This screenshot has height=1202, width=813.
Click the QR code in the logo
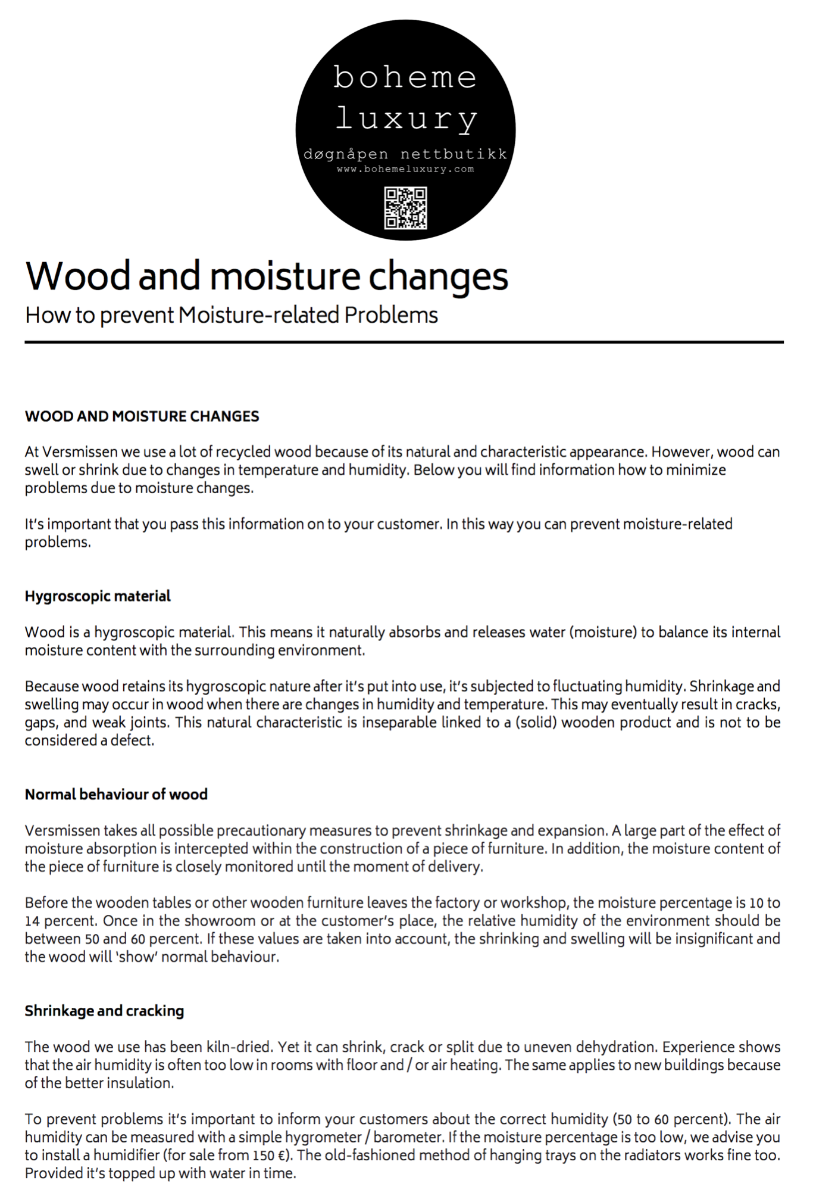pyautogui.click(x=405, y=208)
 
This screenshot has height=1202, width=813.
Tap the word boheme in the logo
pyautogui.click(x=405, y=77)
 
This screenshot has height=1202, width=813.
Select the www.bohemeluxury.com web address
pyautogui.click(x=405, y=169)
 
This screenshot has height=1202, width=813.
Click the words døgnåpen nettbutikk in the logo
pyautogui.click(x=405, y=154)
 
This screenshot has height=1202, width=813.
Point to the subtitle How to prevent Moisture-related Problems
pyautogui.click(x=232, y=315)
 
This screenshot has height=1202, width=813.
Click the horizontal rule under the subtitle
pyautogui.click(x=404, y=342)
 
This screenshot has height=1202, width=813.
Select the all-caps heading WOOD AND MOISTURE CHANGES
pyautogui.click(x=142, y=416)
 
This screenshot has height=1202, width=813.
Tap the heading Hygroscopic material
pyautogui.click(x=98, y=596)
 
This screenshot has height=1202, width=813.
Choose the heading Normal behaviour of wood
pyautogui.click(x=116, y=795)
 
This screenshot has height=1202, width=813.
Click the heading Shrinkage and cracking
pyautogui.click(x=104, y=1011)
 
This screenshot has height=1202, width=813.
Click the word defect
pyautogui.click(x=132, y=741)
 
